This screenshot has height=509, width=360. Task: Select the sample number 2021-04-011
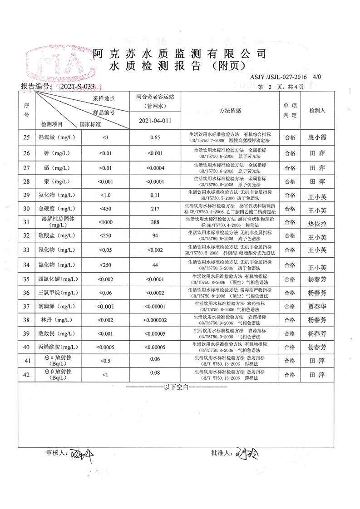tap(155, 121)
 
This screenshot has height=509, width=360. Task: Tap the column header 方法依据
tap(230, 110)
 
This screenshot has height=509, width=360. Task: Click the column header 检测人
tap(317, 110)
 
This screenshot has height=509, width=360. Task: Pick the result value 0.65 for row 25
tap(155, 137)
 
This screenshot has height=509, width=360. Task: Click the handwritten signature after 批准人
tap(247, 454)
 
